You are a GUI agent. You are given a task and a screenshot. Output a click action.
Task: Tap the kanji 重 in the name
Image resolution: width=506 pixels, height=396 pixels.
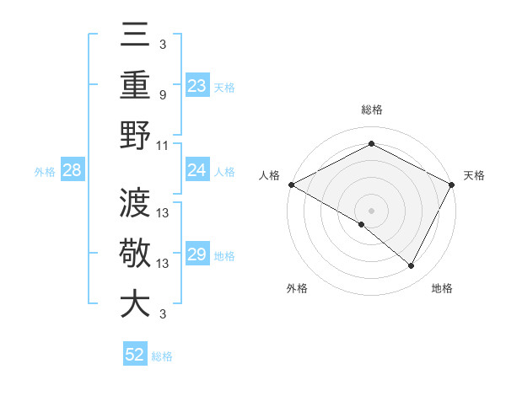(x=135, y=86)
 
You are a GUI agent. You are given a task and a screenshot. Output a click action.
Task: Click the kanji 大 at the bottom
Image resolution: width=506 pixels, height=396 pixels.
(x=135, y=303)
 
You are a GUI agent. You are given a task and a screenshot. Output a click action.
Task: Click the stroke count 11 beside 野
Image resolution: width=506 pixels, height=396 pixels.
(x=163, y=144)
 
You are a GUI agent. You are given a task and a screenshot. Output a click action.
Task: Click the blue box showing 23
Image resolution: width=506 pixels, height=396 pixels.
(x=196, y=86)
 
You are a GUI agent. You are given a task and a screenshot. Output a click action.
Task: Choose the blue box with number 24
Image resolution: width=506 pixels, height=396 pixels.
(x=196, y=170)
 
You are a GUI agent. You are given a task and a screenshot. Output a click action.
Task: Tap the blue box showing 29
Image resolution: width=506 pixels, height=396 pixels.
(x=196, y=254)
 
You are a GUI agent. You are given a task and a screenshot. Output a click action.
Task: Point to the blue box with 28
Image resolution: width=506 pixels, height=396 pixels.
(x=72, y=171)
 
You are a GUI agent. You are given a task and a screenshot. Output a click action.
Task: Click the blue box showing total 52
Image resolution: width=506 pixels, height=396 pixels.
(x=134, y=355)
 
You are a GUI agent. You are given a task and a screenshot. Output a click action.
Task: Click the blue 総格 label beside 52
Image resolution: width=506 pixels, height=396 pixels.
(x=162, y=356)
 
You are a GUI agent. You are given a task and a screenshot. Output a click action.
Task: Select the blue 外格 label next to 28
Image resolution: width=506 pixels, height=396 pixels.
(x=45, y=172)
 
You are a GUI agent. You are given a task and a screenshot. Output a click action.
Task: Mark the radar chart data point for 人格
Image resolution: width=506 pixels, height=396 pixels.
(x=291, y=185)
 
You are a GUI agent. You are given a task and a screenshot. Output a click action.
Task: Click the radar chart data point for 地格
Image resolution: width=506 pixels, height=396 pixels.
(x=412, y=265)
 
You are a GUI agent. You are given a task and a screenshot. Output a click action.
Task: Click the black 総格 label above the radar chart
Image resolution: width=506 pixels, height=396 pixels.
(x=372, y=110)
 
